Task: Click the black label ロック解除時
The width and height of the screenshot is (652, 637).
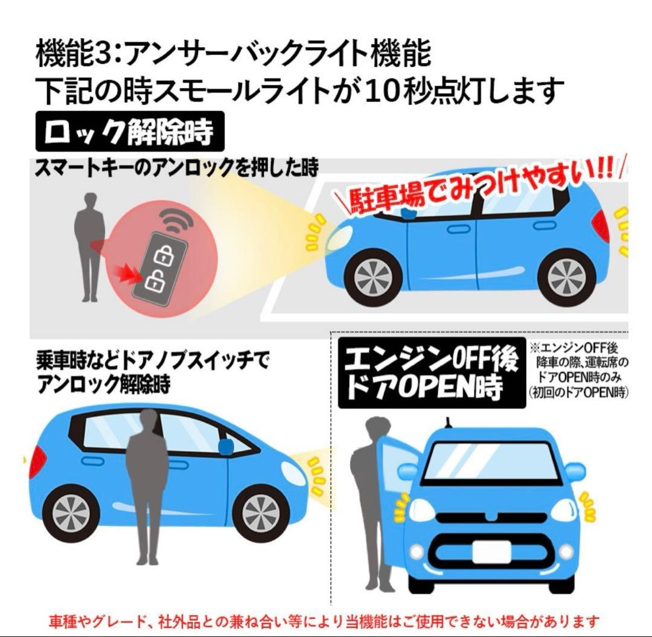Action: coord(129,132)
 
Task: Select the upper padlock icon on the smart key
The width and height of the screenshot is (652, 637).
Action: coord(161,255)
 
